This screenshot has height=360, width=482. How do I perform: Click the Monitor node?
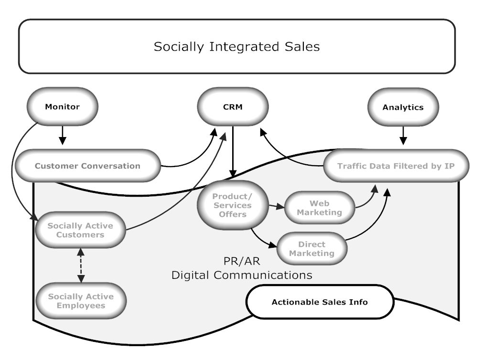click(x=62, y=106)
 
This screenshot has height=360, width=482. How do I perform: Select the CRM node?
click(x=233, y=106)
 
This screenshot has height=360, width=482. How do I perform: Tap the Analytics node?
click(x=403, y=107)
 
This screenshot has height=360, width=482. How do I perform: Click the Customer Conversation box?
click(x=87, y=166)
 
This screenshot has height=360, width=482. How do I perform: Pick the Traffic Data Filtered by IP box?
click(x=396, y=166)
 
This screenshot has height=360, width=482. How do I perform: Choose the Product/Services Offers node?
click(x=232, y=205)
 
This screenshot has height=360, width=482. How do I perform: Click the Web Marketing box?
click(x=320, y=208)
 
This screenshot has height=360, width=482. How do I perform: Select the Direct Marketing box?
click(x=311, y=249)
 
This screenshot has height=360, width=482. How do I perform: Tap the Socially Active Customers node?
click(x=80, y=230)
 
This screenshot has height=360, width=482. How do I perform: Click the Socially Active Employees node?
click(x=81, y=301)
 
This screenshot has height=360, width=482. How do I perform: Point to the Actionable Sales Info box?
click(x=320, y=302)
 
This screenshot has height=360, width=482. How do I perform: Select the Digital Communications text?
click(x=242, y=275)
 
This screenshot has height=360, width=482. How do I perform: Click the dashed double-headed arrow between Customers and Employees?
click(x=81, y=265)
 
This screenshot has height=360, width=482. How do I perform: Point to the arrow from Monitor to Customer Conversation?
click(x=62, y=136)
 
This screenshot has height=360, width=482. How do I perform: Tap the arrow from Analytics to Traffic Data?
click(x=403, y=135)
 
